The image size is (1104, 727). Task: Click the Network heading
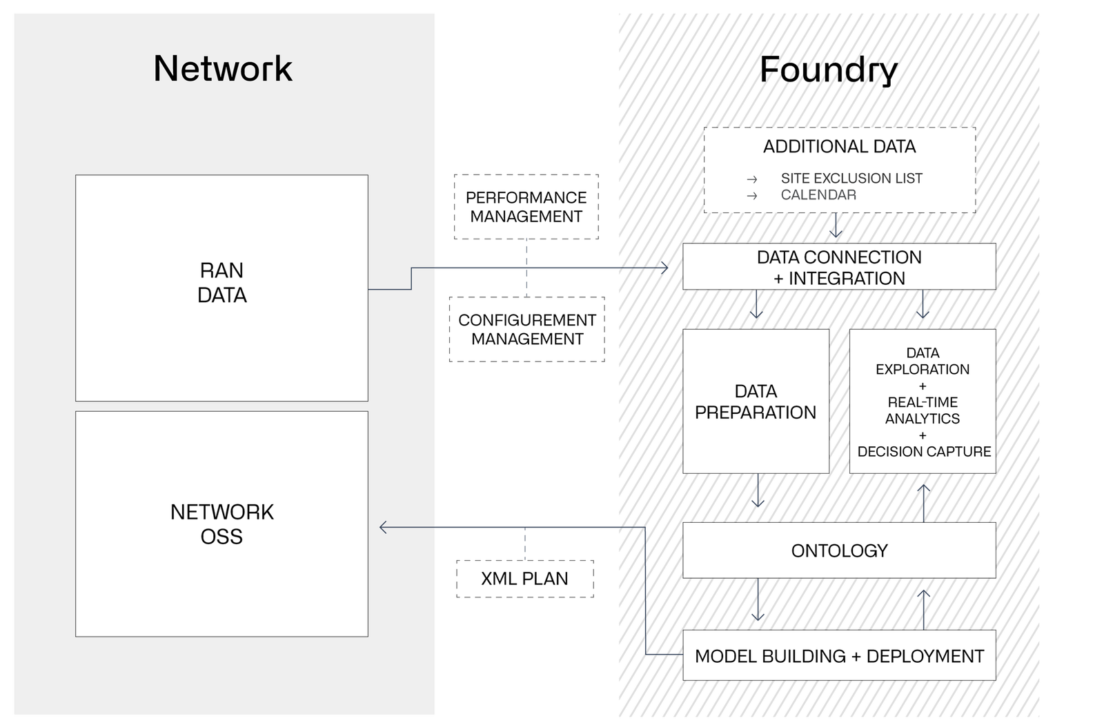(x=223, y=69)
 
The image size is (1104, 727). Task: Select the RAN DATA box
(x=221, y=288)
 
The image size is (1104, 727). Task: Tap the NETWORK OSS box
(x=221, y=524)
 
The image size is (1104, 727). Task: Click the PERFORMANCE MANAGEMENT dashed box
(x=526, y=207)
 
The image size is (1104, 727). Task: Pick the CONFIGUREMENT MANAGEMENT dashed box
(x=526, y=330)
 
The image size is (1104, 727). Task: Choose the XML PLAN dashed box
(x=524, y=578)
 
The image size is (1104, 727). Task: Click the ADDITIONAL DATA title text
(x=839, y=147)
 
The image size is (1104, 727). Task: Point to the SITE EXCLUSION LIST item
(x=851, y=178)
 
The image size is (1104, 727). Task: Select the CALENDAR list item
(x=818, y=195)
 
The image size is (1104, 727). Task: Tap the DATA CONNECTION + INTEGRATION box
(x=839, y=268)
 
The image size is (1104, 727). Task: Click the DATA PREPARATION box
(x=756, y=401)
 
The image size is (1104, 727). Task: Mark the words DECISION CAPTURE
(x=924, y=452)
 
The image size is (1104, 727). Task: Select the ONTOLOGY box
(x=839, y=550)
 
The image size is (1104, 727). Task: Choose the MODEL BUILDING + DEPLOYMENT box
(x=839, y=656)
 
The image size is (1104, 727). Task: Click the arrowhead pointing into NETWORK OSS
(x=382, y=528)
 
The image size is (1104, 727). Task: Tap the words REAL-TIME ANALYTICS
(x=923, y=410)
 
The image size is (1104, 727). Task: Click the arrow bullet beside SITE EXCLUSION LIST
(x=752, y=179)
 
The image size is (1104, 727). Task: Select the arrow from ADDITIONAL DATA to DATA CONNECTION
(x=837, y=226)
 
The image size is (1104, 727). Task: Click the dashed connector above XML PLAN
(x=525, y=544)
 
